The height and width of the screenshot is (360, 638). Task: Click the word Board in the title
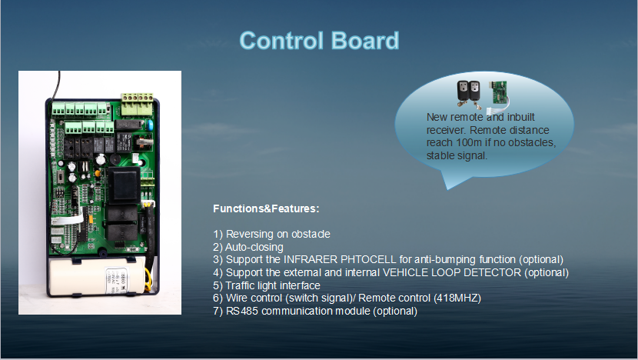pyautogui.click(x=365, y=41)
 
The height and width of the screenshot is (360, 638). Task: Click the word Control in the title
pyautogui.click(x=281, y=41)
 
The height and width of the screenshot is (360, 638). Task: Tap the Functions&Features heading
pyautogui.click(x=266, y=208)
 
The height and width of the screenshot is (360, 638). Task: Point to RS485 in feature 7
pyautogui.click(x=241, y=311)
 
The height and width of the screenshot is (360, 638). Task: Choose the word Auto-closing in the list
pyautogui.click(x=254, y=247)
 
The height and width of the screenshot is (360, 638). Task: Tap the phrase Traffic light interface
pyautogui.click(x=273, y=285)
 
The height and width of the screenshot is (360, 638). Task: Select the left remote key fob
pyautogui.click(x=463, y=92)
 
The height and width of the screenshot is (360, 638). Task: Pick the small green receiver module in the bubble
pyautogui.click(x=500, y=92)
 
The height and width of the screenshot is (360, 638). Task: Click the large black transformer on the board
pyautogui.click(x=123, y=185)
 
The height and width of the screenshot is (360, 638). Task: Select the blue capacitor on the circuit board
pyautogui.click(x=149, y=125)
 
